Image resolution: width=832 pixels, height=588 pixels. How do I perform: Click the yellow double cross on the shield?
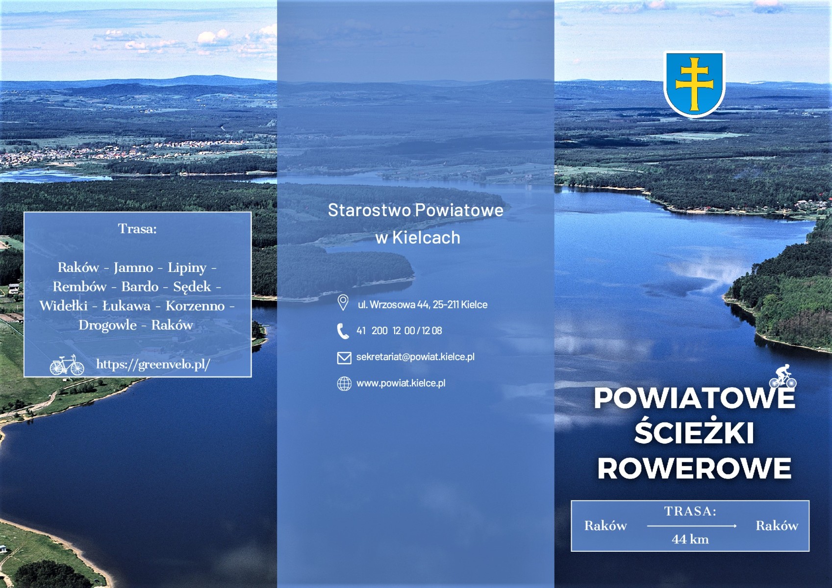(694, 84)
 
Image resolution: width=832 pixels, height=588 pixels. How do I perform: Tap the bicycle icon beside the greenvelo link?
(67, 365)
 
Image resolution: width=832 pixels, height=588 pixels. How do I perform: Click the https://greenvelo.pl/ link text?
(153, 365)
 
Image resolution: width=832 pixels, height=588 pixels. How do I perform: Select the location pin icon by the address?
(343, 302)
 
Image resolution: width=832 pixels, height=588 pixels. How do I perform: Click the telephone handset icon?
(342, 331)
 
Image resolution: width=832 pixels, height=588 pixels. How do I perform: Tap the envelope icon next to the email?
(344, 358)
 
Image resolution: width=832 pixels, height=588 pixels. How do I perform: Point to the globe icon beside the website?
(344, 384)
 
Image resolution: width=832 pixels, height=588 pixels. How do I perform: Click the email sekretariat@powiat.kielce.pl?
(415, 357)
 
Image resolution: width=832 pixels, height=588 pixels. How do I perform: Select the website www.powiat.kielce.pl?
(401, 383)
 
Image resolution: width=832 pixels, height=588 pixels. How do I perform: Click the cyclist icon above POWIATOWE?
(782, 376)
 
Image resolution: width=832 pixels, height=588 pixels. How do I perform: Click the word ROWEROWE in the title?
(694, 468)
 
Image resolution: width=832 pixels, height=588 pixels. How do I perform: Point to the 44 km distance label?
(690, 539)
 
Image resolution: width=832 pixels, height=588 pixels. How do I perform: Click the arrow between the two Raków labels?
(692, 526)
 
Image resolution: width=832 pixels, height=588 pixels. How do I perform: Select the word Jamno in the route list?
(133, 268)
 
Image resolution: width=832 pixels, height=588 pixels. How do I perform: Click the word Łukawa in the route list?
(126, 306)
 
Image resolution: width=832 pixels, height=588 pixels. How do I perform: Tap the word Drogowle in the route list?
(108, 325)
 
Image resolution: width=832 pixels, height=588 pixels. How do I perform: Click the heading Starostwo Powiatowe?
(416, 210)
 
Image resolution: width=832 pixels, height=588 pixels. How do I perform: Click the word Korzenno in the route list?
(195, 306)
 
